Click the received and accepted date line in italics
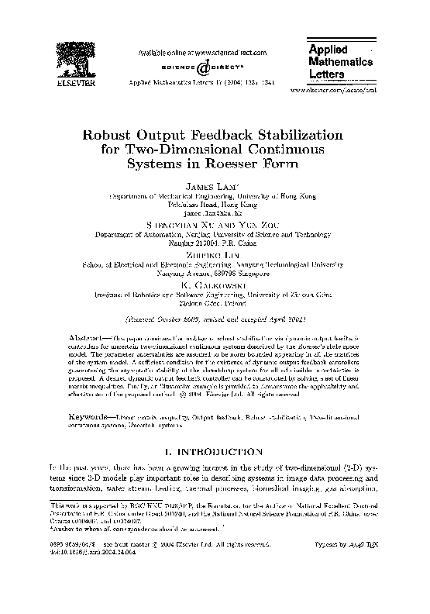(214, 319)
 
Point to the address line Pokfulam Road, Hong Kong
(214, 204)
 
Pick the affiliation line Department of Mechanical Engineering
(214, 196)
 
